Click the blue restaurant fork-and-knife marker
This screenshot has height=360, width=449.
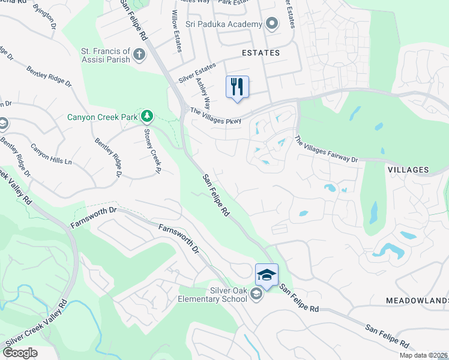point(237,86)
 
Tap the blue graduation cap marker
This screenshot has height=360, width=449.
point(267,275)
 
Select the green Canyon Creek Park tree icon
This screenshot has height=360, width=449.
point(146,115)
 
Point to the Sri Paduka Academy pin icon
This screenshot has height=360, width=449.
point(272,24)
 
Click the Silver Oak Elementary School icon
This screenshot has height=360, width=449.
point(256,293)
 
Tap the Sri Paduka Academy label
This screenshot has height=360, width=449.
point(224,24)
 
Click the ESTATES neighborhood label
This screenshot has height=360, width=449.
point(261,53)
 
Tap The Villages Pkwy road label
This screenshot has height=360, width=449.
point(215,116)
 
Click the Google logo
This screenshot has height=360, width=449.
point(19,352)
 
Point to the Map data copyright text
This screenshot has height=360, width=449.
point(424,355)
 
